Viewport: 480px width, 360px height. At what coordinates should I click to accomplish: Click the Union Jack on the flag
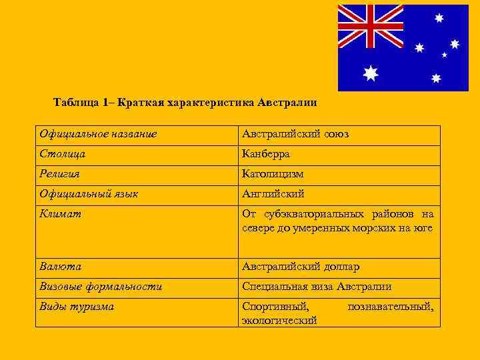(x=370, y=27)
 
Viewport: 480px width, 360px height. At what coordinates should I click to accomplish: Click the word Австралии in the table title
(x=283, y=103)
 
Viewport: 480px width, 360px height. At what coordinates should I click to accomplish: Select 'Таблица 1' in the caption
(x=77, y=103)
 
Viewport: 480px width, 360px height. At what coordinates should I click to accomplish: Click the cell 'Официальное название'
(x=98, y=134)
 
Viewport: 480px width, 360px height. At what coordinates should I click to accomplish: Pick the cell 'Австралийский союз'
(x=295, y=134)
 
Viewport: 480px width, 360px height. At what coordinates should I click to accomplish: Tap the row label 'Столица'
(x=63, y=154)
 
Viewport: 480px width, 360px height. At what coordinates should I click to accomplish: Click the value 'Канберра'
(x=267, y=154)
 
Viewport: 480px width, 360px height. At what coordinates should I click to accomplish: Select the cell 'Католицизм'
(x=273, y=174)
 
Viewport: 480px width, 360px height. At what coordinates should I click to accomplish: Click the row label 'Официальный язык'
(x=89, y=194)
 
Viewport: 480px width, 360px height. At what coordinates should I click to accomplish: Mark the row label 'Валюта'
(x=60, y=267)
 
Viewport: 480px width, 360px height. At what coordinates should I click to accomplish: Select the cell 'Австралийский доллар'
(x=300, y=267)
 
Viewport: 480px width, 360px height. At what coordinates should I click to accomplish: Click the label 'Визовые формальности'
(x=100, y=287)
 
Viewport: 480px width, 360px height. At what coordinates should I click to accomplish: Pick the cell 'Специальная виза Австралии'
(x=316, y=287)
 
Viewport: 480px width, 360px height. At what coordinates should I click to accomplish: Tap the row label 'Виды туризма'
(x=77, y=307)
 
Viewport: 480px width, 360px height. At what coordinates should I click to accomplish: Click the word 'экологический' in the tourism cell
(x=279, y=320)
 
